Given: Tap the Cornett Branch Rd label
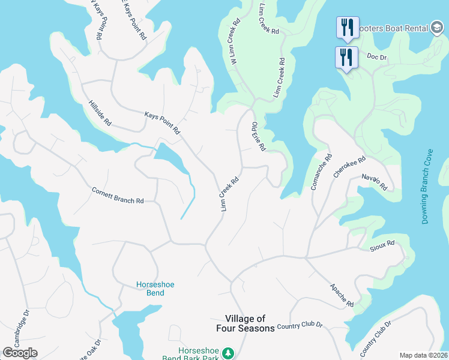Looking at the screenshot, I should [x=118, y=196].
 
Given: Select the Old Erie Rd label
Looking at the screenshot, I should [x=258, y=136].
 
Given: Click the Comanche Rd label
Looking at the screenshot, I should [x=321, y=173].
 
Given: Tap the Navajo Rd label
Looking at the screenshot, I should [x=375, y=182].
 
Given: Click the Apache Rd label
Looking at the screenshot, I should [x=342, y=295].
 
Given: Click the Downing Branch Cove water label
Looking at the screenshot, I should [x=427, y=187].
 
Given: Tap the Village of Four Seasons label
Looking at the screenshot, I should [x=246, y=323].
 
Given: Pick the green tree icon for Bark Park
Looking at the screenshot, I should [x=228, y=353].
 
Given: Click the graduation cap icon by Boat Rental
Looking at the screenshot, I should [x=437, y=28].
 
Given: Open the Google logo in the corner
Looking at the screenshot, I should [x=20, y=353].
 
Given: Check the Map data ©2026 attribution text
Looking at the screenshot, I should [x=423, y=355].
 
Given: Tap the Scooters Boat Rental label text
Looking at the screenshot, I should [x=393, y=28].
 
